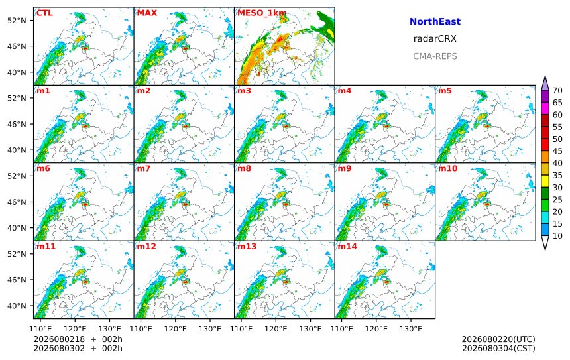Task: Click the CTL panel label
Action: pyautogui.click(x=44, y=13)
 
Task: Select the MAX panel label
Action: pyautogui.click(x=147, y=13)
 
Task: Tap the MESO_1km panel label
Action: pyautogui.click(x=262, y=13)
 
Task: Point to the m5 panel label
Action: pyautogui.click(x=445, y=91)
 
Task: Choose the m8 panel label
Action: pyautogui.click(x=244, y=168)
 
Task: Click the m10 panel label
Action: pyautogui.click(x=447, y=168)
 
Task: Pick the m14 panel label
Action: pyautogui.click(x=347, y=247)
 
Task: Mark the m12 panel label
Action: pyautogui.click(x=146, y=247)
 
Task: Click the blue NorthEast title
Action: pyautogui.click(x=435, y=21)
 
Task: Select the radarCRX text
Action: pyautogui.click(x=435, y=39)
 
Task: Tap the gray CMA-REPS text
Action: pyautogui.click(x=435, y=56)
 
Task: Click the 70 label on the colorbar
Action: pyautogui.click(x=557, y=91)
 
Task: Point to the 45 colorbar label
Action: pyautogui.click(x=557, y=151)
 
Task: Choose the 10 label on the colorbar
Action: pyautogui.click(x=557, y=236)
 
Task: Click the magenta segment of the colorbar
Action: pyautogui.click(x=545, y=109)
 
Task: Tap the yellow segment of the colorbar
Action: pyautogui.click(x=545, y=182)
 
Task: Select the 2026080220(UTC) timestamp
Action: pyautogui.click(x=498, y=339)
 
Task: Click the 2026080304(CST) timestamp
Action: pyautogui.click(x=498, y=348)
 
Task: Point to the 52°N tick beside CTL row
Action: pyautogui.click(x=17, y=21)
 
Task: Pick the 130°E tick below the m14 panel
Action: pyautogui.click(x=411, y=329)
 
